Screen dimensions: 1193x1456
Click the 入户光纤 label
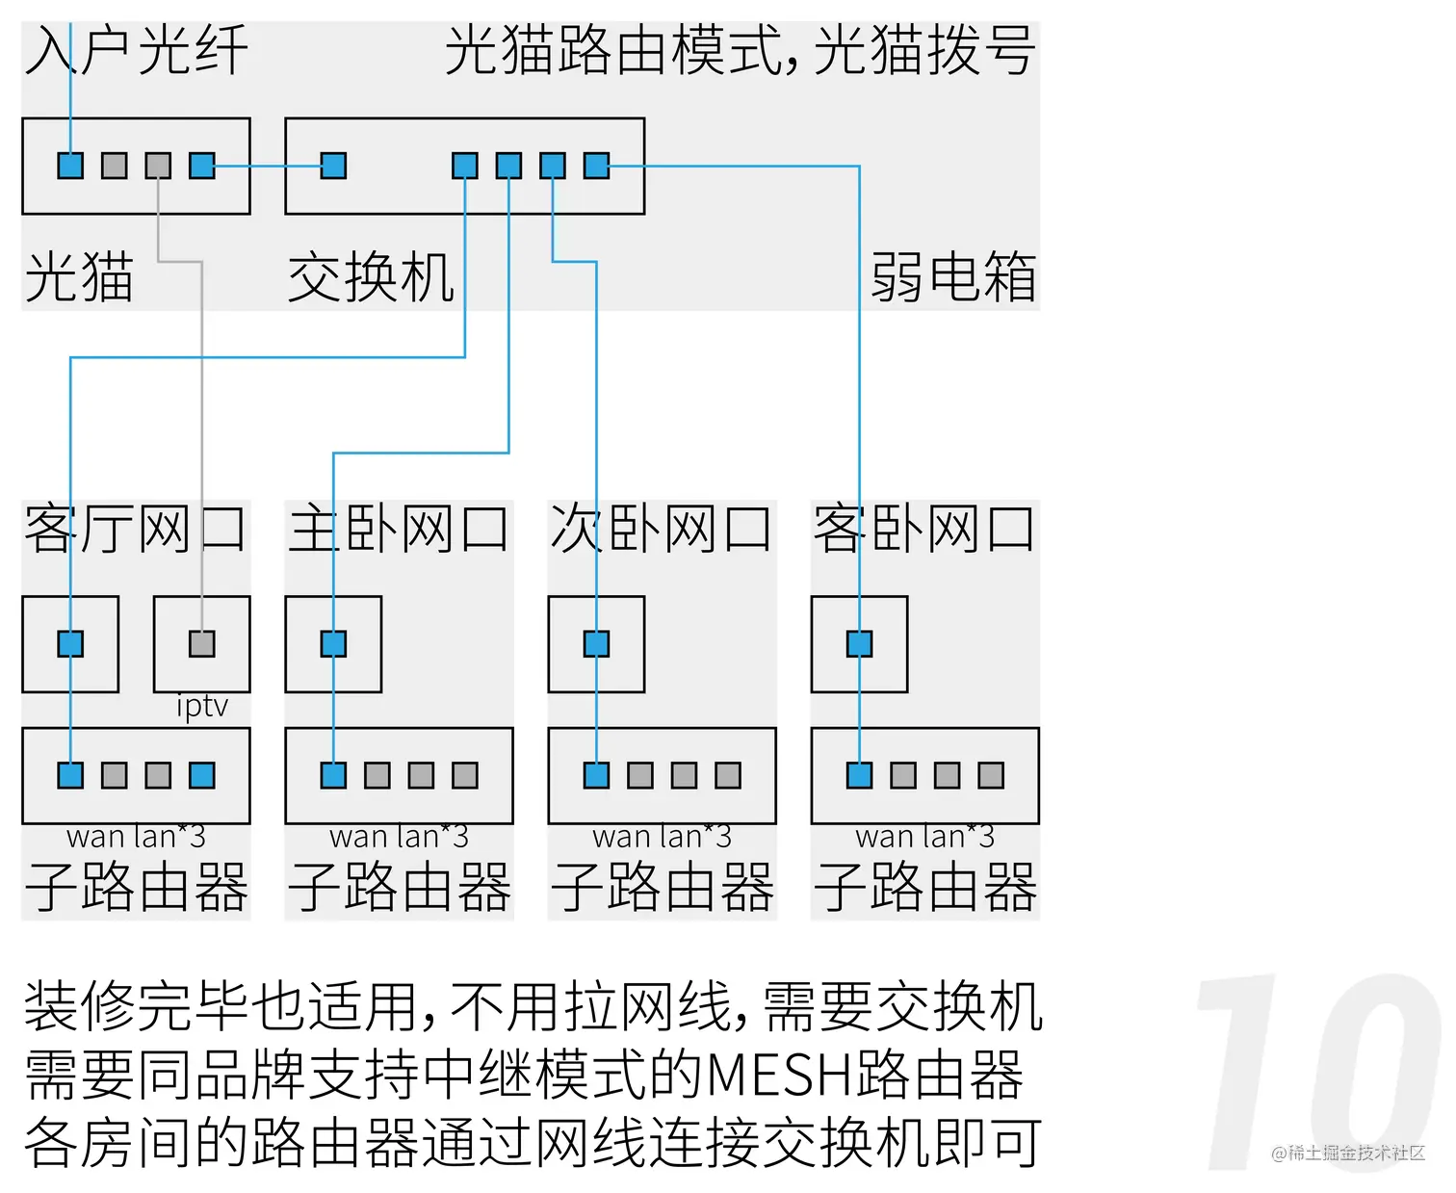coord(137,50)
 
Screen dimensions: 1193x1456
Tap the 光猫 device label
coord(79,277)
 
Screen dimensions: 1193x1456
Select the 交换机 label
coord(371,277)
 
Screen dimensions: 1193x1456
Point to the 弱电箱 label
coord(953,277)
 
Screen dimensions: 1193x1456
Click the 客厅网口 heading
coord(135,529)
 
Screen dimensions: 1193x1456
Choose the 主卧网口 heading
coord(399,529)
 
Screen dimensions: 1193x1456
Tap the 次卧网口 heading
coord(662,529)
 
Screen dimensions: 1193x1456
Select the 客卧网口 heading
coord(924,529)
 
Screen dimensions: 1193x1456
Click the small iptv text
coord(202,707)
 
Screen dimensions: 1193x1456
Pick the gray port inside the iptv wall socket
coord(202,643)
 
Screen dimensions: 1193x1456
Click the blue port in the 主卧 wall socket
coord(333,643)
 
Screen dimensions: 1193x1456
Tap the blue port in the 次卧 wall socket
coord(596,643)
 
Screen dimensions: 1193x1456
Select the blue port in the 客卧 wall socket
coord(859,643)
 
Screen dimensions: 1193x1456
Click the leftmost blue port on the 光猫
coord(70,166)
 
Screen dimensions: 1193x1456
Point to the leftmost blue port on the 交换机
coord(333,166)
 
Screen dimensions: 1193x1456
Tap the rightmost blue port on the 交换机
coord(596,166)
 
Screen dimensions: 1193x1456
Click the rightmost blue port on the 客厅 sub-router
coord(202,775)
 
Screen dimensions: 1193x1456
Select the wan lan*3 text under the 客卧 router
coord(924,837)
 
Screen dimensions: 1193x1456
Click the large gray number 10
coord(1319,1074)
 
